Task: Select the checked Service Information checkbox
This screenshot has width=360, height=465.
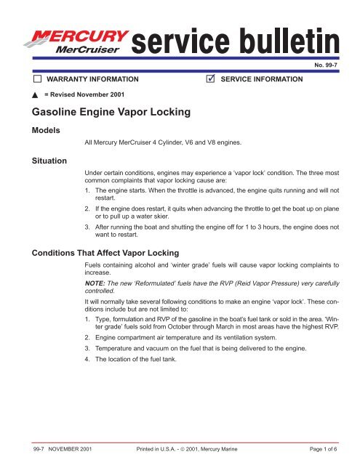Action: (x=212, y=77)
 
